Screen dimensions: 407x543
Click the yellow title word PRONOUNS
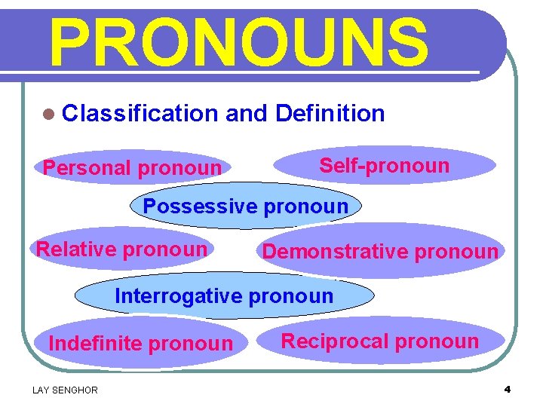click(238, 42)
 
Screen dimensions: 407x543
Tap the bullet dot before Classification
click(49, 115)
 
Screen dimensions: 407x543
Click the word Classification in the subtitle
click(140, 114)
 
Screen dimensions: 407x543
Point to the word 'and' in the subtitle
click(246, 114)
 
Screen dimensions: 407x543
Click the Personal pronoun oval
click(132, 167)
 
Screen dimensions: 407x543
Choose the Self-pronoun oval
click(384, 166)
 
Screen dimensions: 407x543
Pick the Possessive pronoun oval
click(246, 206)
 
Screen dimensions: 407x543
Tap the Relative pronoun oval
click(121, 249)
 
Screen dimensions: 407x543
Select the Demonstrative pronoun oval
click(380, 252)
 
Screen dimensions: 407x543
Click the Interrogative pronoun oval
click(224, 296)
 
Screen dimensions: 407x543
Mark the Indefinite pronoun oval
click(141, 344)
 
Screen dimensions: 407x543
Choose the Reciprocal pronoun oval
click(380, 341)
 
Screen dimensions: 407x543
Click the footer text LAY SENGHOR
click(65, 390)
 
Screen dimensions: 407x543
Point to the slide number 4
click(508, 389)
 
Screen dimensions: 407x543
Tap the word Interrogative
click(179, 296)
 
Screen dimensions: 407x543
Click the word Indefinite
click(95, 344)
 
